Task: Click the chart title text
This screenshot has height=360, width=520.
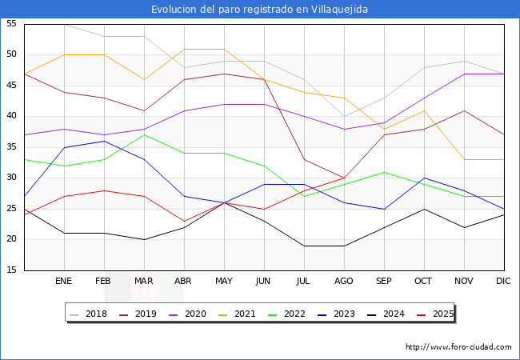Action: (260, 10)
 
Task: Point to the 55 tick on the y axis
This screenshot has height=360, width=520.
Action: (12, 24)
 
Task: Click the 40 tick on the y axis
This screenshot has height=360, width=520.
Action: (12, 116)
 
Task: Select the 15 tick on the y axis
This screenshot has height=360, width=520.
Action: (12, 270)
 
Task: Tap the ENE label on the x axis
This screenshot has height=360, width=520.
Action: (64, 282)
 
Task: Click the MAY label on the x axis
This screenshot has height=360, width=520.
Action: (224, 282)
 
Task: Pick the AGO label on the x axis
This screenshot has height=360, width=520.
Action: (344, 282)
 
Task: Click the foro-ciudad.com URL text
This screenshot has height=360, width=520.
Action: (458, 347)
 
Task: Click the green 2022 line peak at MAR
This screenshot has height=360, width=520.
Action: (144, 134)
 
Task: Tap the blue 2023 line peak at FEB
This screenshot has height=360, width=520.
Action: (104, 141)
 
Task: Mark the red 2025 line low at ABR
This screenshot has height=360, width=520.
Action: (184, 221)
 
